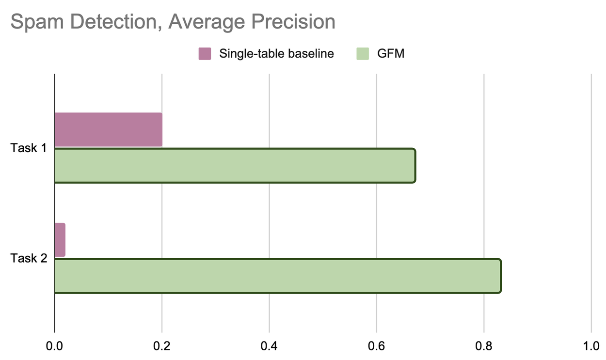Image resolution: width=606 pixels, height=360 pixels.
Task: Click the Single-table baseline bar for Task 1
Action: pos(108,129)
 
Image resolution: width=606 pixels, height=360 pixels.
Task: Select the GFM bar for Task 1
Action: pos(235,166)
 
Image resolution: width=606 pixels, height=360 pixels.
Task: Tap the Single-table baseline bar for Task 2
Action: pos(60,240)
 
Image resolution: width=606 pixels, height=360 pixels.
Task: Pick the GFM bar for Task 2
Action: pos(277,276)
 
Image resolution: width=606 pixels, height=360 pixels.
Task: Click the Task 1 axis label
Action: pos(29,148)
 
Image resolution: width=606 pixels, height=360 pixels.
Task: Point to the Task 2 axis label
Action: pos(29,258)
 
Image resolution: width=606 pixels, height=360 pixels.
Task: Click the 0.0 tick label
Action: pos(54,347)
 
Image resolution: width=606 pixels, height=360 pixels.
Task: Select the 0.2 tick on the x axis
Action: pos(162,347)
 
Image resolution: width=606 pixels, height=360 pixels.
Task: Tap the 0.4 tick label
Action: pos(269,347)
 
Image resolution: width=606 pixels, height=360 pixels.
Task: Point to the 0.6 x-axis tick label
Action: pos(377,347)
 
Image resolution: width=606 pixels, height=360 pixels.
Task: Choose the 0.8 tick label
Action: pos(484,347)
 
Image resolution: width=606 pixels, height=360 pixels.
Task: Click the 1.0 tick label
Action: pos(591,347)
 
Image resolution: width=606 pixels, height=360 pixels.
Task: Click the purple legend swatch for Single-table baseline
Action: pos(205,53)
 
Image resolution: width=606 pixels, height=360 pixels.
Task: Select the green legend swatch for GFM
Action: pos(363,53)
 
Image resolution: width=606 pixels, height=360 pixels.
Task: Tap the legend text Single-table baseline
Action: pos(276,53)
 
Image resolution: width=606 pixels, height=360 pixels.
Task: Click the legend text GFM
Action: pos(390,53)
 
